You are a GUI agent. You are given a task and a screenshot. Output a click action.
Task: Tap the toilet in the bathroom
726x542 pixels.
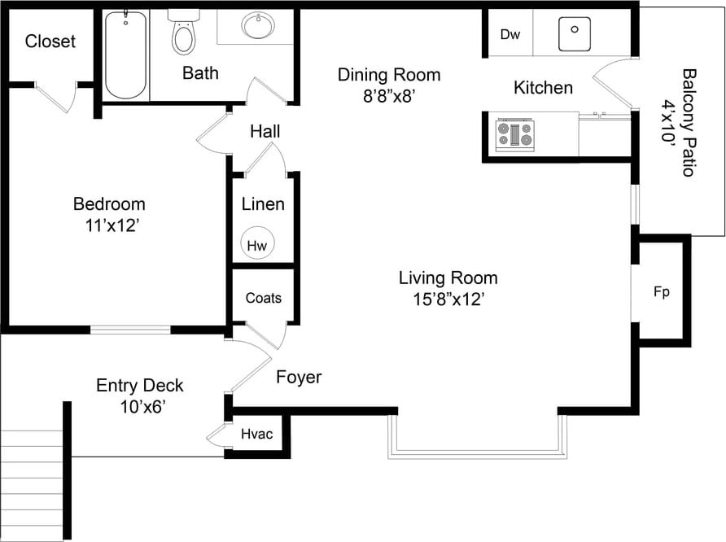[x=184, y=33]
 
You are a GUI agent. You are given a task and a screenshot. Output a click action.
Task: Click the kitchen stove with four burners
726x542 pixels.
[x=515, y=134]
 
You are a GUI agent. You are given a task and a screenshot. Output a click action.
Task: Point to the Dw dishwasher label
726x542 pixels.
[x=510, y=34]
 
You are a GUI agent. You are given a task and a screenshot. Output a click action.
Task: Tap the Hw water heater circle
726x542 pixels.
[x=257, y=243]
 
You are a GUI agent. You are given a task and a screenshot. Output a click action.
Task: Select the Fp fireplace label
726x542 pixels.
[x=662, y=292]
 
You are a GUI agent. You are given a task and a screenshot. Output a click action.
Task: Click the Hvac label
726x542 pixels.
[x=257, y=435]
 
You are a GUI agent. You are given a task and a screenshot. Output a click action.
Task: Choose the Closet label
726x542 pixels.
[x=50, y=42]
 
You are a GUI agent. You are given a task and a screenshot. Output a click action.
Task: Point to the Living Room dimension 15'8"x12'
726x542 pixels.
[x=449, y=299]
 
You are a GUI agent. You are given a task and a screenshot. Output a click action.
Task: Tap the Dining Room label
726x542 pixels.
[x=389, y=76]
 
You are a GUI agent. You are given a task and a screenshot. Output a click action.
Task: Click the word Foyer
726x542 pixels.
[x=299, y=378]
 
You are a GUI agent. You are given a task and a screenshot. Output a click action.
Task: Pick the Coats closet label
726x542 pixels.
[x=264, y=298]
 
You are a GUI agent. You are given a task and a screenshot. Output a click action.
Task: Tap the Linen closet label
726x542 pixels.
[x=263, y=203]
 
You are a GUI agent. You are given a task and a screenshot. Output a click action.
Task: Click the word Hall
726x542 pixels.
[x=265, y=131]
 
